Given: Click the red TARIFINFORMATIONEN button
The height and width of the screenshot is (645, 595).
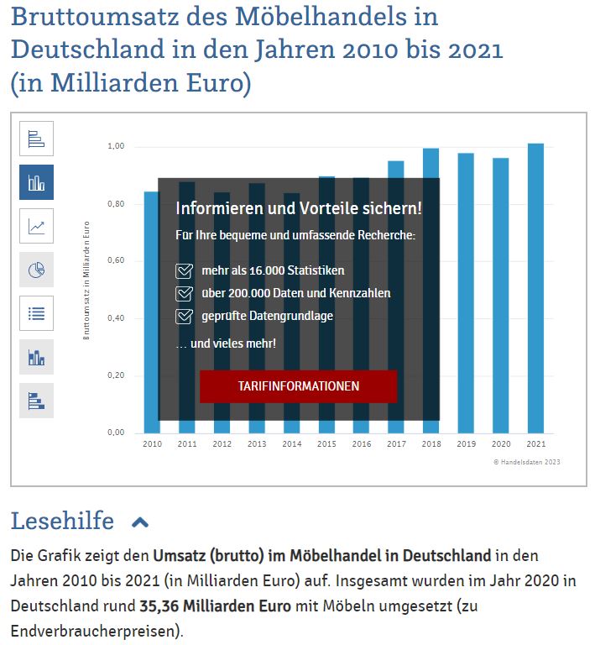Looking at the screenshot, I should tap(298, 386).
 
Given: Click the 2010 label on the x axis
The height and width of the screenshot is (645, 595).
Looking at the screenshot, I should tap(152, 443).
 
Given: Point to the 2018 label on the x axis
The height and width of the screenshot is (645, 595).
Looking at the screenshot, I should tap(431, 443).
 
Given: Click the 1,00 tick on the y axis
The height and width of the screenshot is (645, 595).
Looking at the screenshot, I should tap(116, 147).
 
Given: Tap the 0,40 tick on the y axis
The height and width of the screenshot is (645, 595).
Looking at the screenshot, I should tap(116, 318).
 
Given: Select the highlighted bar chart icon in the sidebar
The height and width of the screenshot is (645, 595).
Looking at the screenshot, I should tap(36, 182).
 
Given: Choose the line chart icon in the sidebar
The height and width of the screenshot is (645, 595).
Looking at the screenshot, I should tap(36, 226).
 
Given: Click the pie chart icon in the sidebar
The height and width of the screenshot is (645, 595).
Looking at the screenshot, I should tap(36, 270).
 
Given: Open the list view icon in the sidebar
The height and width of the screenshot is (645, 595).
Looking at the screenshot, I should tap(36, 313).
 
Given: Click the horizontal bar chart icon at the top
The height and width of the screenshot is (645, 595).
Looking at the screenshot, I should tap(36, 139).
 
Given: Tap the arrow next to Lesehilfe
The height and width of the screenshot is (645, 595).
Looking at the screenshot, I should tap(140, 522).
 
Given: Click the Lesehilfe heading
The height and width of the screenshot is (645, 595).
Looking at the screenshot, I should tap(62, 522).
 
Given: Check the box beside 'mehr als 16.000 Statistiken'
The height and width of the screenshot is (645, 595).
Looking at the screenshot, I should tap(184, 271).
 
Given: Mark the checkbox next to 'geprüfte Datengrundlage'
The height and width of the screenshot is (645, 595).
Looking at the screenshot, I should tap(184, 317).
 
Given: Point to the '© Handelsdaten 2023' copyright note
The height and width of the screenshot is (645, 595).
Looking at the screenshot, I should tap(526, 462).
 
